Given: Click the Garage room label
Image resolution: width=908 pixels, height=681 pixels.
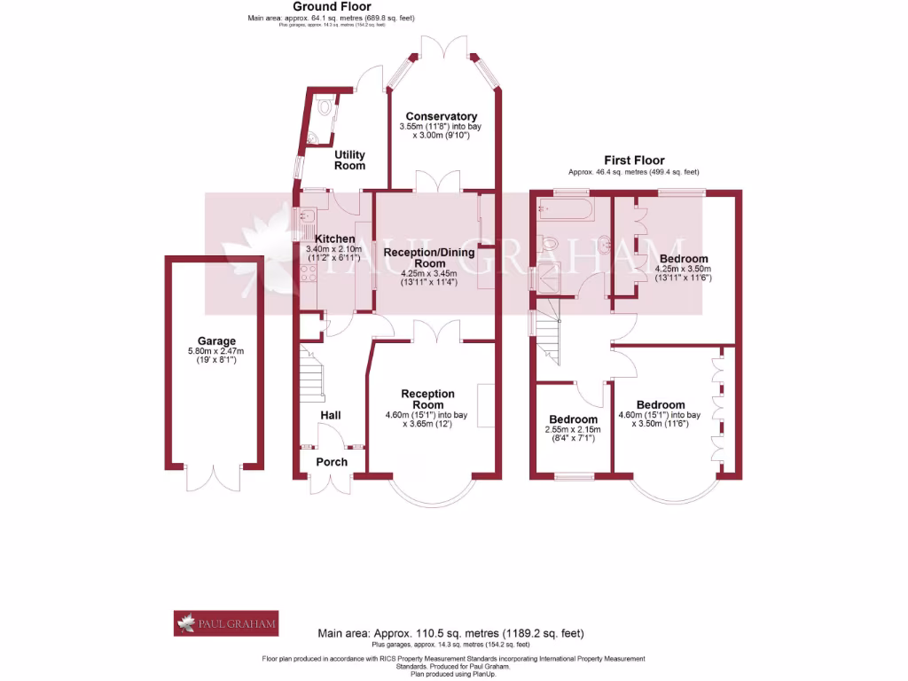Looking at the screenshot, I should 216,340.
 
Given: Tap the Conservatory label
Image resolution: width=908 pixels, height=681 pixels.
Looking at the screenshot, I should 441,116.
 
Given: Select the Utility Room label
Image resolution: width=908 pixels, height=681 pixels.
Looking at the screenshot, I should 349,160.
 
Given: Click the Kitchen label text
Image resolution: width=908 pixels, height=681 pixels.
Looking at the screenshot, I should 335,239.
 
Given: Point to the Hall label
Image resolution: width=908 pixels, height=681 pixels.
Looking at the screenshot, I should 330,415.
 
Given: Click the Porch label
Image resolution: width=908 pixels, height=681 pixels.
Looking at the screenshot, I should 332,462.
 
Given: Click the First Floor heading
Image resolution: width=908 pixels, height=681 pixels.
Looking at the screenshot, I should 634,160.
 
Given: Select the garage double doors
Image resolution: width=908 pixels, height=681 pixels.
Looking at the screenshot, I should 213,476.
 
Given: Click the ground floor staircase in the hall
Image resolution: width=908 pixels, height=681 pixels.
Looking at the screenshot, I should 310,372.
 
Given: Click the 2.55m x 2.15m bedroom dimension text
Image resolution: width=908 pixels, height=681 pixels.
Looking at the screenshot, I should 573,433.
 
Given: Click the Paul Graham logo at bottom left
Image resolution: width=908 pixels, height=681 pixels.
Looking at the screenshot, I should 226,623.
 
